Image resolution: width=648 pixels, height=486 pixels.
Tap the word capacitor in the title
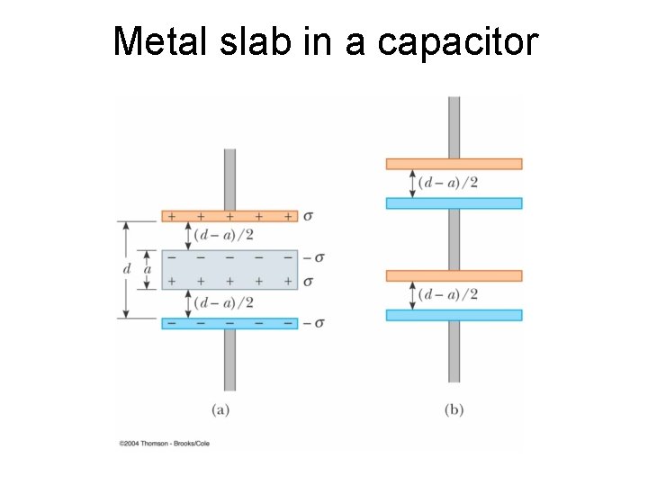coord(458,40)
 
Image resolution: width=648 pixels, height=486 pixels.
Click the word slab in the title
coord(254,40)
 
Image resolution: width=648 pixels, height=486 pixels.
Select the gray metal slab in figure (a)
coord(229,269)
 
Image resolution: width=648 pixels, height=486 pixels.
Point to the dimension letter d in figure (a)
coord(126,269)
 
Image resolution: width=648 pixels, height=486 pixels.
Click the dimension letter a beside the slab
coord(148,269)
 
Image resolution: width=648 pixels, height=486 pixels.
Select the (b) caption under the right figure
coord(454,409)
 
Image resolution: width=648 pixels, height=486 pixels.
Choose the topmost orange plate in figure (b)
coord(454,164)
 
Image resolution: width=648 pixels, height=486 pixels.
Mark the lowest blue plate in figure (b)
coord(454,315)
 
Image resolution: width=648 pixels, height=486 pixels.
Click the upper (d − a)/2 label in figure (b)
coord(448,183)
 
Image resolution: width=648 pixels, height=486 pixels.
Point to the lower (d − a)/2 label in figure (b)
coord(448,294)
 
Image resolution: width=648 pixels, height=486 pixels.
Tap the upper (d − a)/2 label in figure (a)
coord(223,236)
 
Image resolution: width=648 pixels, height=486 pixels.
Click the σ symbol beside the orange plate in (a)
coord(309,216)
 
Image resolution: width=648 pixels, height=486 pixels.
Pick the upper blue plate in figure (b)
coord(454,202)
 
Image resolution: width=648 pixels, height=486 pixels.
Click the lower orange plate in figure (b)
coord(454,275)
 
